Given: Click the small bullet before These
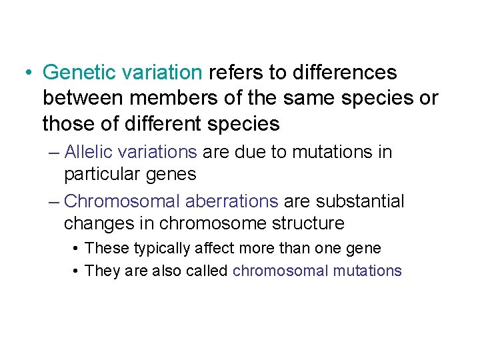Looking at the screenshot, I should [78, 249].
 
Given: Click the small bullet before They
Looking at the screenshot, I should [78, 271].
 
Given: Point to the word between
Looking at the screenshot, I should [83, 99].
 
